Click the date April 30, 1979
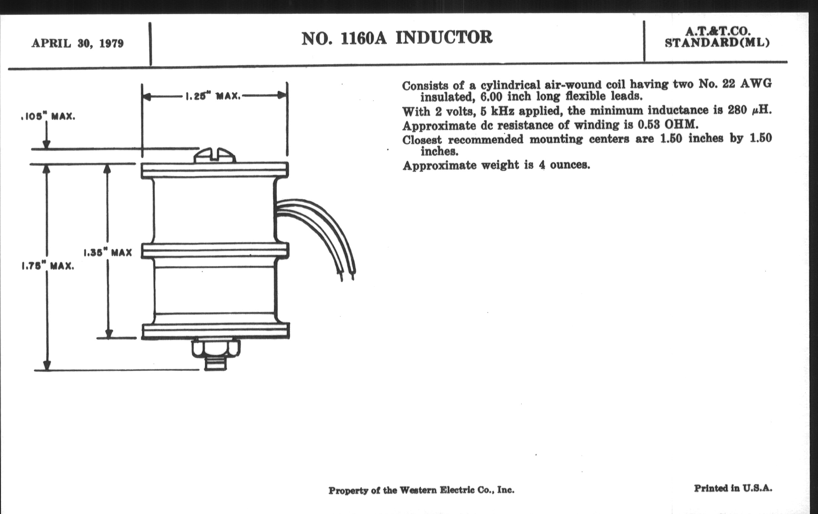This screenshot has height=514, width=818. point(77,44)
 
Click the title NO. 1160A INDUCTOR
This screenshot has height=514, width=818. point(397,38)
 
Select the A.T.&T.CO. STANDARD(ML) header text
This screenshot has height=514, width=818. point(717,37)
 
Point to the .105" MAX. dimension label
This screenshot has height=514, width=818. point(48,117)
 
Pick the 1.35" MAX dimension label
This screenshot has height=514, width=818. point(108,253)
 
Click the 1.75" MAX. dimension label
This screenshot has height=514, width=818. point(48,266)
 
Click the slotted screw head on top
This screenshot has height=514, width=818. point(215,156)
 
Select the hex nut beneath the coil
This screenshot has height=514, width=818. point(216,348)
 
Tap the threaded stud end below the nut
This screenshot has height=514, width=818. point(216,364)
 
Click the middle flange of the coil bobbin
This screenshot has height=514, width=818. point(215,251)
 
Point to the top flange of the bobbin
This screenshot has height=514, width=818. point(215,170)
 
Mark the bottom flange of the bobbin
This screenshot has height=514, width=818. point(216,331)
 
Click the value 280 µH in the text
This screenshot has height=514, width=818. point(749,110)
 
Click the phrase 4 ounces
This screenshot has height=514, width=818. point(564,165)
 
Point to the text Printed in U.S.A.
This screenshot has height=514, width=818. point(733,488)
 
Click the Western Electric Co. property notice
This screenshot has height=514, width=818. point(421,490)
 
